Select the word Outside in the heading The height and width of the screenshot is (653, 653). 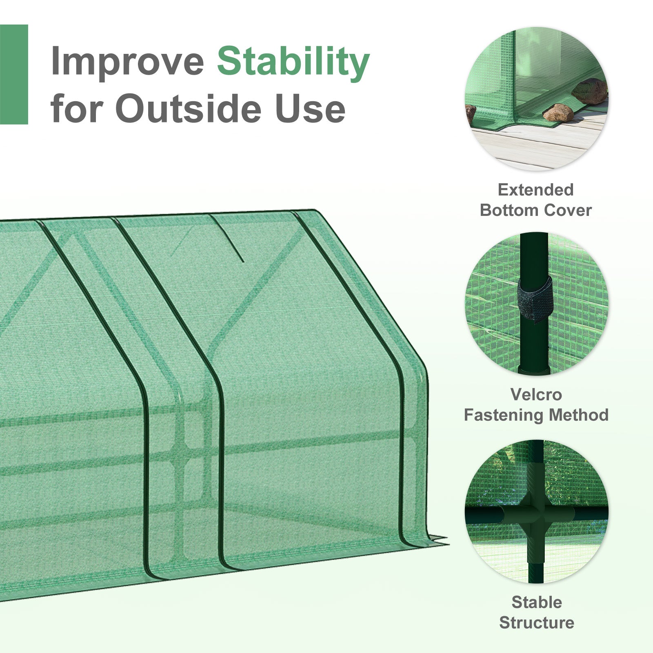pos(188,109)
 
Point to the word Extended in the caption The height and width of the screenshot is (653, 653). pos(535,190)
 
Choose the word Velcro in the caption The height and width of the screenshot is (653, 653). pos(536,395)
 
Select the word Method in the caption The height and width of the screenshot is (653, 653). pos(579,415)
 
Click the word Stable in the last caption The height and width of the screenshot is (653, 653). pos(537,602)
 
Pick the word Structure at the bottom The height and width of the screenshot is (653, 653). pos(536,623)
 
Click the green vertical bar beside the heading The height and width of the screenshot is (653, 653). pos(14,74)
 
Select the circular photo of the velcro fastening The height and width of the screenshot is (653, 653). pos(536,304)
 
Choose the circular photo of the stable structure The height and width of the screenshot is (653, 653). pos(536,512)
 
